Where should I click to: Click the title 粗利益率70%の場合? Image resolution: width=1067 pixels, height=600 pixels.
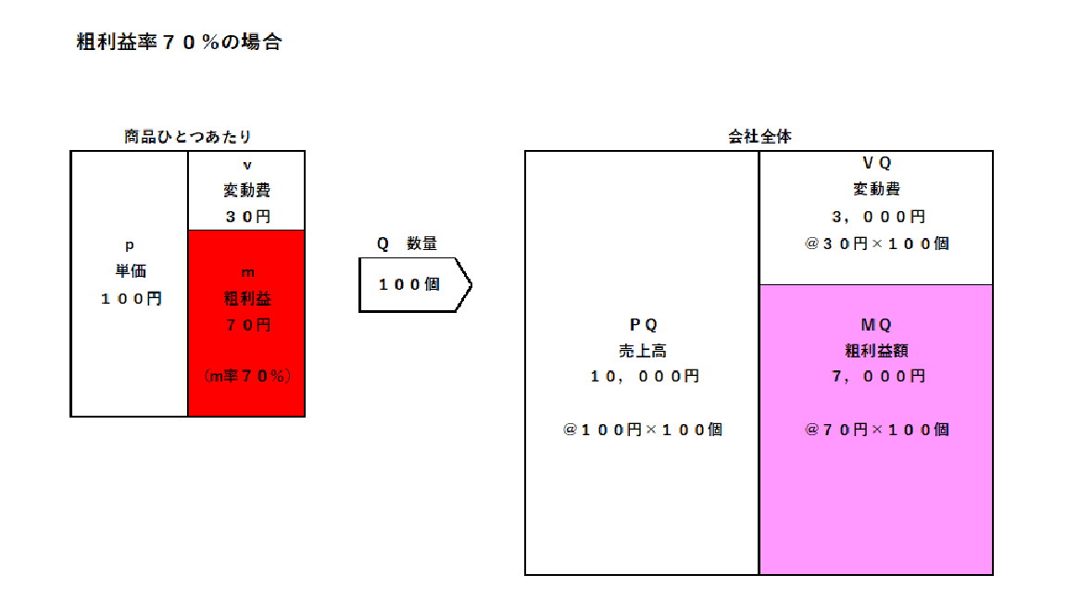(x=179, y=42)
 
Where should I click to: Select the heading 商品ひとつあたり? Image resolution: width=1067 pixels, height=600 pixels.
(x=188, y=137)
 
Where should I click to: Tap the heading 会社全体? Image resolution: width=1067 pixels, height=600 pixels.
(x=759, y=137)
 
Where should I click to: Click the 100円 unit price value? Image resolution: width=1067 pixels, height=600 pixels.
(x=132, y=299)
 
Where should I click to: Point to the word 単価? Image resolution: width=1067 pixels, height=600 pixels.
(x=131, y=270)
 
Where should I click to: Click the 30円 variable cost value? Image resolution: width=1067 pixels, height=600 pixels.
(x=247, y=217)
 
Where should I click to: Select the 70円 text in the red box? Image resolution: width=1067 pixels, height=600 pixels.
(x=247, y=325)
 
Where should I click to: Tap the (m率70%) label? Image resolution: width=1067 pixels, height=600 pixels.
(x=247, y=376)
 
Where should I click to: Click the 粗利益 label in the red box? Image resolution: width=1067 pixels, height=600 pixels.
(x=247, y=298)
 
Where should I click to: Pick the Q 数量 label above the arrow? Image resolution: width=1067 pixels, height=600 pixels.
(x=407, y=244)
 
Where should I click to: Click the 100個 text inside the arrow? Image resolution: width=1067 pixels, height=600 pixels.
(x=409, y=284)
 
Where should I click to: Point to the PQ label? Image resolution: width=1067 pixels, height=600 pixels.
(x=643, y=325)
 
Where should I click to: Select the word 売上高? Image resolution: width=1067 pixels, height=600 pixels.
(x=643, y=351)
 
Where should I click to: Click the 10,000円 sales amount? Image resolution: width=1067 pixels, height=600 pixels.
(x=645, y=376)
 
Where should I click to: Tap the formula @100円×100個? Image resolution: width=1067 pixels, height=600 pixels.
(x=643, y=430)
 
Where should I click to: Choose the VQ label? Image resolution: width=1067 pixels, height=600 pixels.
(x=876, y=163)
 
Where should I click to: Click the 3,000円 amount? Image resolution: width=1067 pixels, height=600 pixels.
(x=878, y=217)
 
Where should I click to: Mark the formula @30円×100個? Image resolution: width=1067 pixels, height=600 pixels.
(x=876, y=244)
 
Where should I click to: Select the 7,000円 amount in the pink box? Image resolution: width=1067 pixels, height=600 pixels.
(x=878, y=376)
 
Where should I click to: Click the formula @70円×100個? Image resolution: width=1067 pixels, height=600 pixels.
(x=876, y=430)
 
